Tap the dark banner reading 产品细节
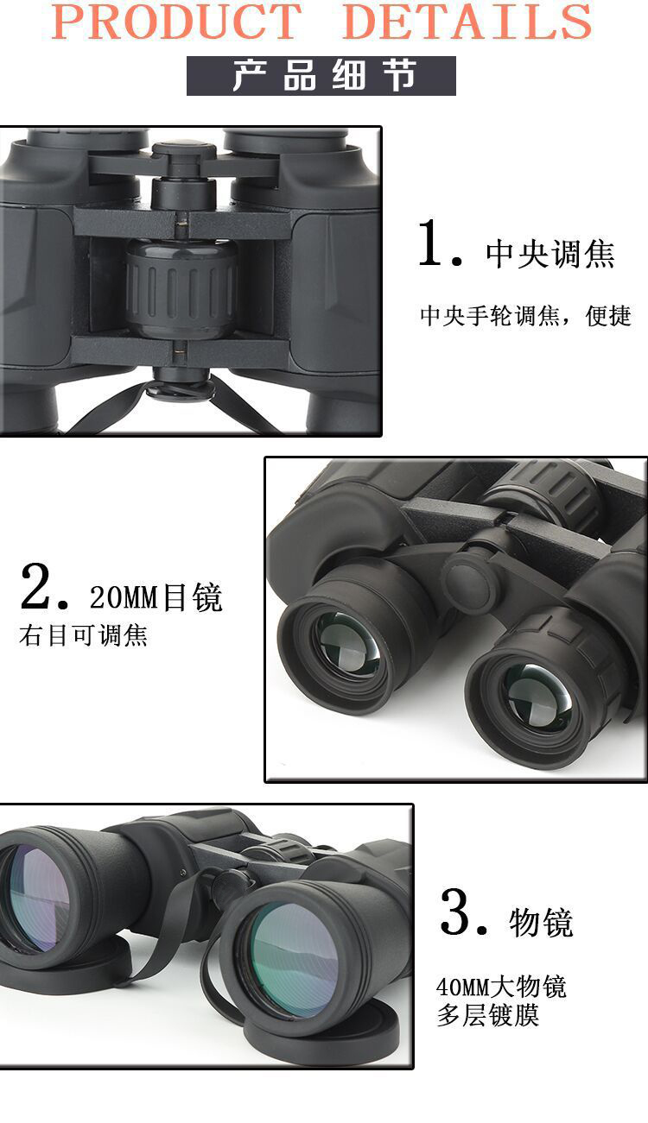click(321, 76)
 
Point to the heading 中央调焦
click(550, 254)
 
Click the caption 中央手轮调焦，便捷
click(525, 316)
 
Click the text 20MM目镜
click(156, 596)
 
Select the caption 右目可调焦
click(83, 635)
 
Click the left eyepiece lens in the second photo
click(346, 643)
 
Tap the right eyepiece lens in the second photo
click(537, 696)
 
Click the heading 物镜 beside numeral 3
click(541, 922)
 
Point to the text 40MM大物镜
click(501, 987)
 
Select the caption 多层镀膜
click(488, 1016)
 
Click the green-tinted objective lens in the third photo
click(294, 961)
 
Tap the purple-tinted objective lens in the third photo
click(38, 899)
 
